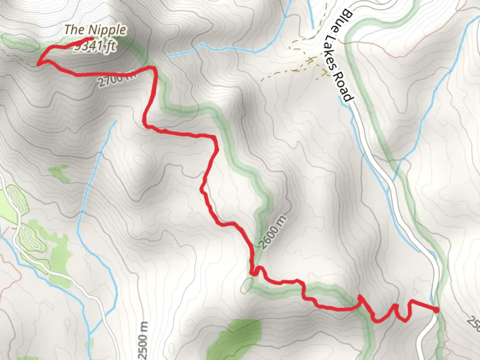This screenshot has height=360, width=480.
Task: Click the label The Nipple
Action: tap(95, 30)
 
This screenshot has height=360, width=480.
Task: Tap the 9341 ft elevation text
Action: tap(95, 47)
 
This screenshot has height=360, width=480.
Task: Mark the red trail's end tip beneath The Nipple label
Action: tap(91, 39)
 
